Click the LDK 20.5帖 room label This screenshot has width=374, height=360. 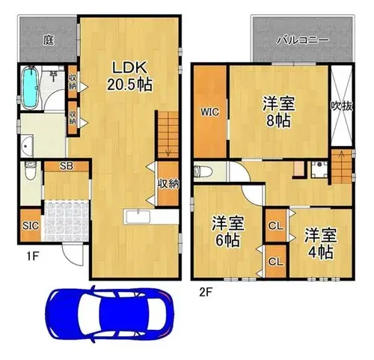pyautogui.click(x=129, y=76)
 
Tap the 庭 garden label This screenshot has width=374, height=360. pyautogui.click(x=49, y=40)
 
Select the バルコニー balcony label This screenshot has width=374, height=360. pyautogui.click(x=303, y=40)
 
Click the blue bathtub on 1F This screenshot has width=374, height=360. pyautogui.click(x=31, y=88)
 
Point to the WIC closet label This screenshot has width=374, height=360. pyautogui.click(x=210, y=112)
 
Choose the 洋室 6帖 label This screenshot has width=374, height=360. pyautogui.click(x=228, y=232)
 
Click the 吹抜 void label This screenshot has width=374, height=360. pyautogui.click(x=342, y=107)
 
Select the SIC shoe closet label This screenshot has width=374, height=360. pyautogui.click(x=31, y=226)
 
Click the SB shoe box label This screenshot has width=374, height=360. pyautogui.click(x=67, y=166)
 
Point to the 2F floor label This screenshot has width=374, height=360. pyautogui.click(x=206, y=292)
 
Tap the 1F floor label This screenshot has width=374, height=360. pyautogui.click(x=32, y=256)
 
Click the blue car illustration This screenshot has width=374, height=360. pyautogui.click(x=109, y=315)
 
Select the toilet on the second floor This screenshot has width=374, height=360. pyautogui.click(x=203, y=171)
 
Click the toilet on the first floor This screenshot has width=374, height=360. pyautogui.click(x=31, y=170)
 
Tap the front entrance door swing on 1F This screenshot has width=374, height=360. pyautogui.click(x=73, y=254)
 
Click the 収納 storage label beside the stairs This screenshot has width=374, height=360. pyautogui.click(x=168, y=184)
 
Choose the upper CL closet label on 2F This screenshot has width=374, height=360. pyautogui.click(x=276, y=226)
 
